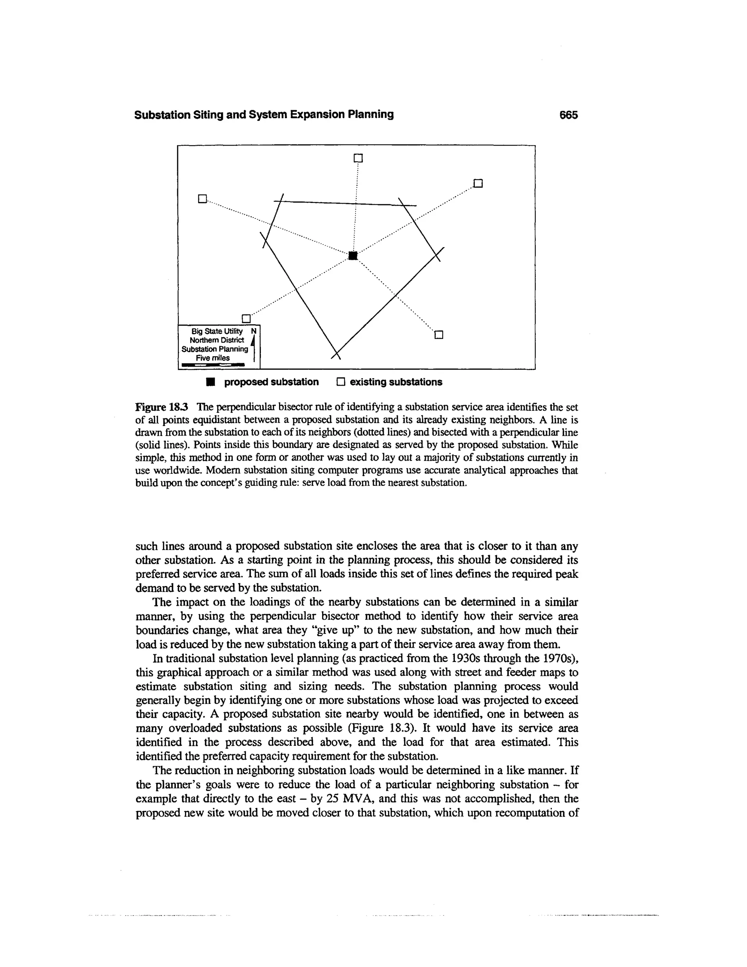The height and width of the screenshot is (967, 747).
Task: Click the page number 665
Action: pos(568,115)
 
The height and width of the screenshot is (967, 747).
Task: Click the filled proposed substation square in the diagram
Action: pos(353,255)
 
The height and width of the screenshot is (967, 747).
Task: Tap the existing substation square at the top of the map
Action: pos(359,158)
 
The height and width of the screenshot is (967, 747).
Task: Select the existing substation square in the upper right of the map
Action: pos(478,183)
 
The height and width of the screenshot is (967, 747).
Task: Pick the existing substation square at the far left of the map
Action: pos(202,199)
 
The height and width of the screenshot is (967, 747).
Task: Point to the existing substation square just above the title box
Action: pos(246,318)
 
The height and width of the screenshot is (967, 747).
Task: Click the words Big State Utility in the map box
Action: pos(217,331)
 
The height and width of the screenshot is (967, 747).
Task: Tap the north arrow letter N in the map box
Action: pos(253,331)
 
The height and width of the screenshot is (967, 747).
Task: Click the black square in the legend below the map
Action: pos(211,382)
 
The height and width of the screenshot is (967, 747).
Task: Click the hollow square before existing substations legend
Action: pos(340,382)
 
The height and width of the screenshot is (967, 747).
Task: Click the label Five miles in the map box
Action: pos(213,358)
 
